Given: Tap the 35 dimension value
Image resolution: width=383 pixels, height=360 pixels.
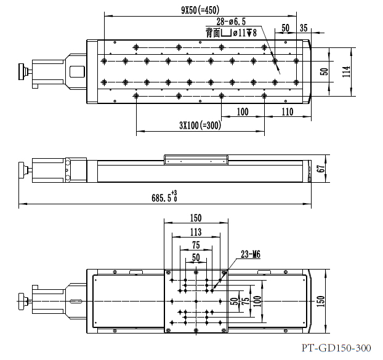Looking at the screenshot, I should [x=304, y=28].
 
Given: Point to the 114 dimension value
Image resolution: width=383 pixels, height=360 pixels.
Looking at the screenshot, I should [x=346, y=72].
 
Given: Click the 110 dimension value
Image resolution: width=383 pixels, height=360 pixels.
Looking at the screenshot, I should [x=287, y=112].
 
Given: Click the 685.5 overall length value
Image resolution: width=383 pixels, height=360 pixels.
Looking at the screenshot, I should [x=161, y=198].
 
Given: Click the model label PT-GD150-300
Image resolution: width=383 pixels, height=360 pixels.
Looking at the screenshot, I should [x=337, y=348].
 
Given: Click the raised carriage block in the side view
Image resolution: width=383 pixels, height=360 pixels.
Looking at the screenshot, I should [x=196, y=159].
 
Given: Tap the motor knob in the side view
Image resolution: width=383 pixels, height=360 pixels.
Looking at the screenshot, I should [x=23, y=169].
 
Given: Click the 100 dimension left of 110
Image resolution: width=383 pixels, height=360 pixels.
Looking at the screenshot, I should [x=242, y=112].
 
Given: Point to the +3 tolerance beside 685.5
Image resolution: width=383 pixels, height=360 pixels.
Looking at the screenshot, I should [x=174, y=193].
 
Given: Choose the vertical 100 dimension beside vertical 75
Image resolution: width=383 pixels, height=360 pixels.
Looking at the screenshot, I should [x=257, y=302].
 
